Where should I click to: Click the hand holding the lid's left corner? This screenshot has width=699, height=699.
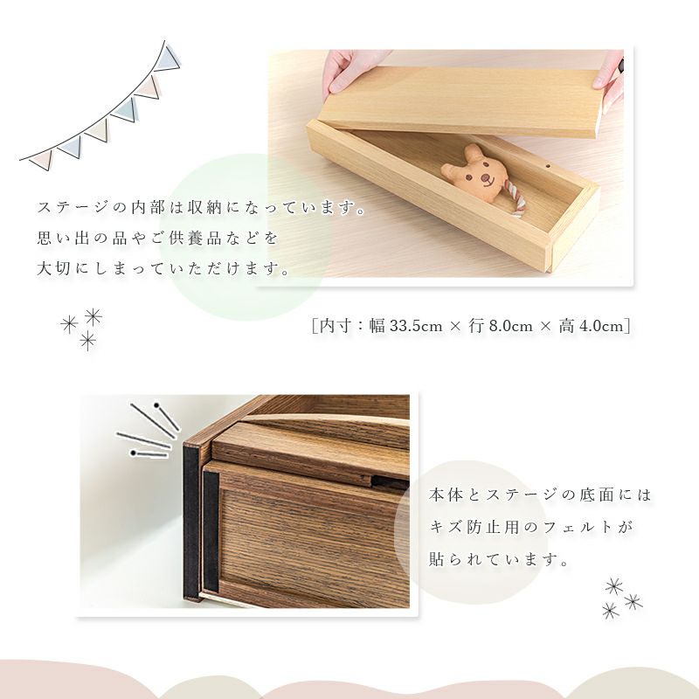(x=352, y=70)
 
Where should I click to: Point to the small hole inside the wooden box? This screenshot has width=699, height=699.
(x=548, y=166)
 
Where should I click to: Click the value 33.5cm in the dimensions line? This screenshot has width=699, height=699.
(x=417, y=326)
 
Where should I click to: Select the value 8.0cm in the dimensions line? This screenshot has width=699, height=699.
(x=511, y=326)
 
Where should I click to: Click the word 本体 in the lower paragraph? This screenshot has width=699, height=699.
(x=446, y=495)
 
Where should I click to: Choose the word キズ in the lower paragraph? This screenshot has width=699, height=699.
(x=446, y=527)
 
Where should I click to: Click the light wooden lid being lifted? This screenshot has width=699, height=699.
(x=461, y=101)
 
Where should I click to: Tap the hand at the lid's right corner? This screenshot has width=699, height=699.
(x=608, y=71)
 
